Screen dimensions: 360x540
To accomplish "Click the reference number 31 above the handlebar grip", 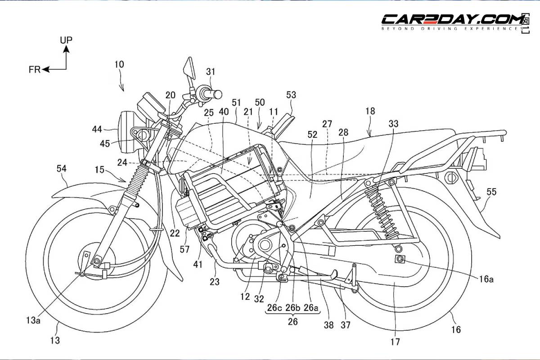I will click(x=211, y=71).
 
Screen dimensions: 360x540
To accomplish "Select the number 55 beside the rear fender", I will click(x=491, y=192).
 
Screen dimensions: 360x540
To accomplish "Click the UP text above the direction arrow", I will click(x=66, y=40).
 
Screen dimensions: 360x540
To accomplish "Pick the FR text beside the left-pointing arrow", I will click(x=35, y=69).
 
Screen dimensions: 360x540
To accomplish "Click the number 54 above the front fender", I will click(x=61, y=169).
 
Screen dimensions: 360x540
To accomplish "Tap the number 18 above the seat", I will click(x=370, y=111).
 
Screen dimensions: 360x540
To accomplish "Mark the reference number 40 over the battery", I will click(x=224, y=112).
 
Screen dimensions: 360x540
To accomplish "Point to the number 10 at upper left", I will click(x=119, y=64).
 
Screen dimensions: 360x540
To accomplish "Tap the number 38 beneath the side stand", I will click(x=329, y=325).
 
